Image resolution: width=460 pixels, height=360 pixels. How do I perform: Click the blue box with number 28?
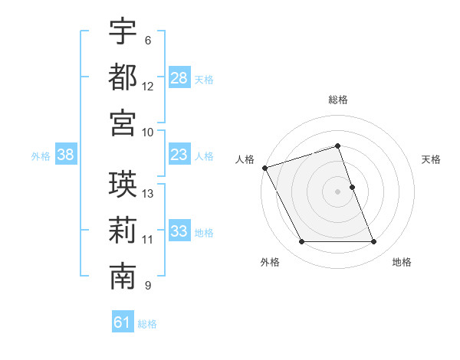tap(179, 77)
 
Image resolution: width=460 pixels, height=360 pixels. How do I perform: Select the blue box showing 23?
tap(179, 155)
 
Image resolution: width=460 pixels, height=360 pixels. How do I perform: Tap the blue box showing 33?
tap(179, 231)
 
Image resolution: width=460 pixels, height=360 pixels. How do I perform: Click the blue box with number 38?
tap(65, 155)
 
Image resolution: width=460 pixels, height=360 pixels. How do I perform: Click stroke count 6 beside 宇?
tap(148, 41)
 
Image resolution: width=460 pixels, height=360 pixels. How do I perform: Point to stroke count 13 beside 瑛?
tap(148, 193)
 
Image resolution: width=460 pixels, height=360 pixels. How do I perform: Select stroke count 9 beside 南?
tap(148, 286)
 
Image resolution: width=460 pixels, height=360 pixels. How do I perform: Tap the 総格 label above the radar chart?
tap(338, 100)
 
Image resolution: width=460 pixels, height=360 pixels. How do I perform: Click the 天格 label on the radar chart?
tap(432, 159)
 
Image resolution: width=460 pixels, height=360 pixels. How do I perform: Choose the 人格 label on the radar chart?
tap(245, 159)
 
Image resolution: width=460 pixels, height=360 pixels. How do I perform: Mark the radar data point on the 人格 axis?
tap(264, 168)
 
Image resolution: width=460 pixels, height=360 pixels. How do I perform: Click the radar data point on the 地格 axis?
tap(373, 242)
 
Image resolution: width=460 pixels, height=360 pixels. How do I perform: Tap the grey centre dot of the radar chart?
tap(338, 191)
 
